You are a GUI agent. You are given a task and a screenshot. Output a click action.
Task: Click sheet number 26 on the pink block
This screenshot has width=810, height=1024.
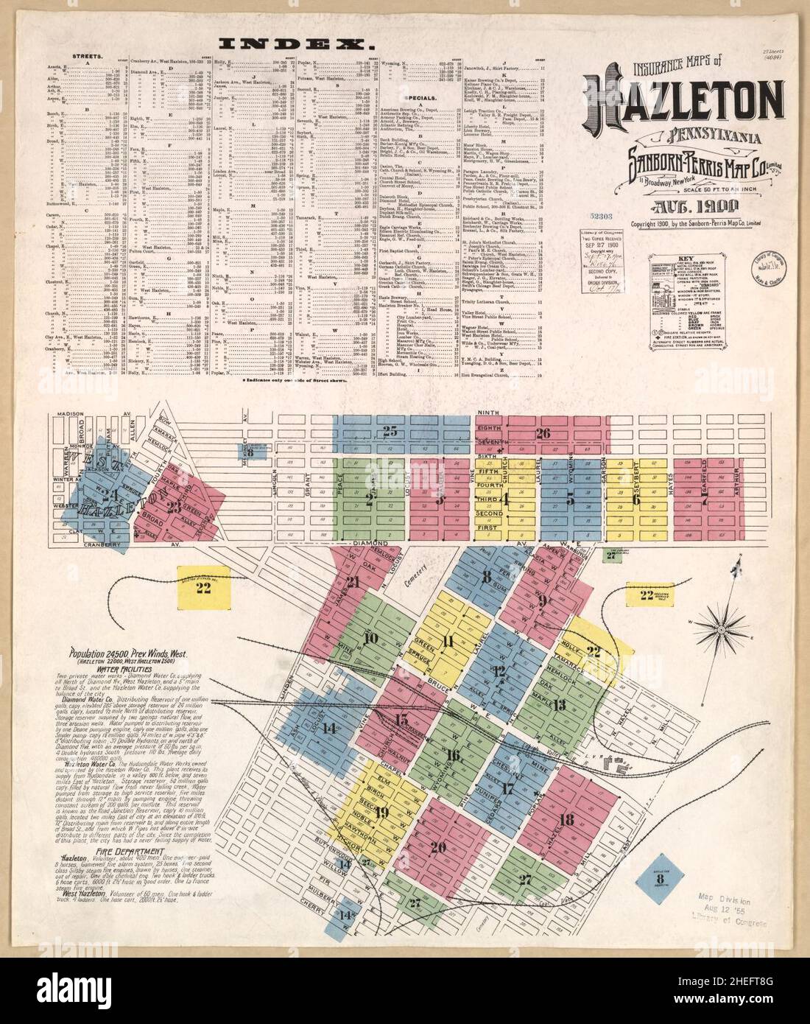pos(544,433)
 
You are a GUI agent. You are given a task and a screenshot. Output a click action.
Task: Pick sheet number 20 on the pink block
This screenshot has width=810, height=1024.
pos(439,847)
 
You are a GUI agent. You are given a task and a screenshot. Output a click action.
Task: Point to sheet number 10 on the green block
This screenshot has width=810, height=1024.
pos(370,638)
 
